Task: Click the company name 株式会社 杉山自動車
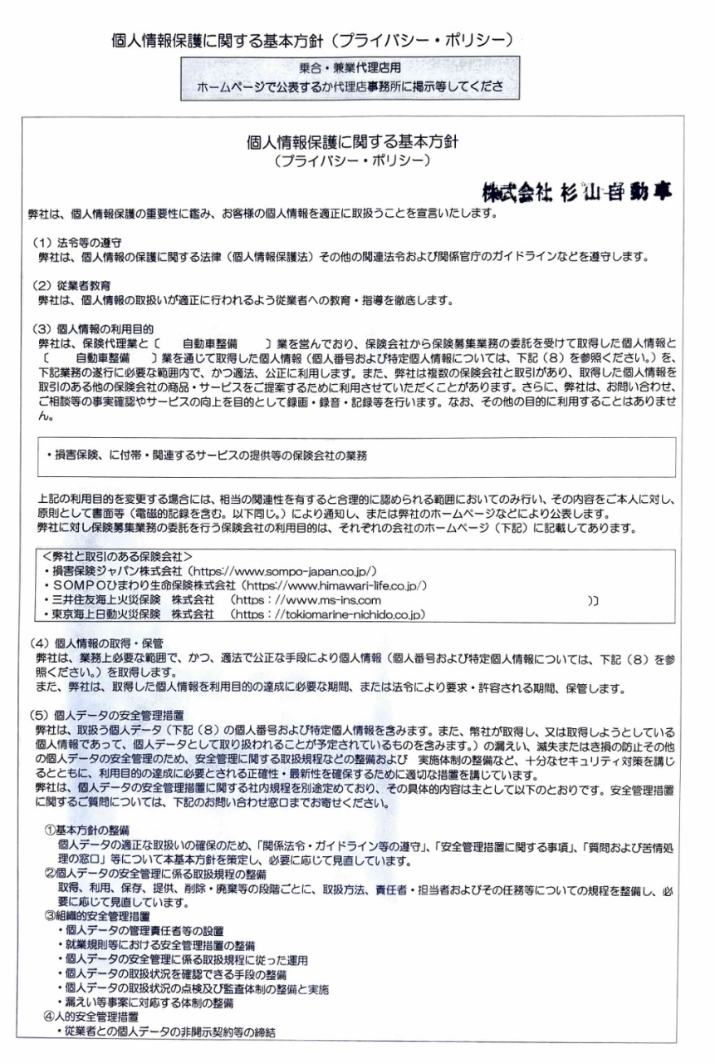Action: (x=576, y=191)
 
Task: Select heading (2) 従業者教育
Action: (x=71, y=285)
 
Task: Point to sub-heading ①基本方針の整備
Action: (x=86, y=831)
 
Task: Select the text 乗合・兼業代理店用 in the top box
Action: (x=350, y=68)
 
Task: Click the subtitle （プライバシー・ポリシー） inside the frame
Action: (x=352, y=159)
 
